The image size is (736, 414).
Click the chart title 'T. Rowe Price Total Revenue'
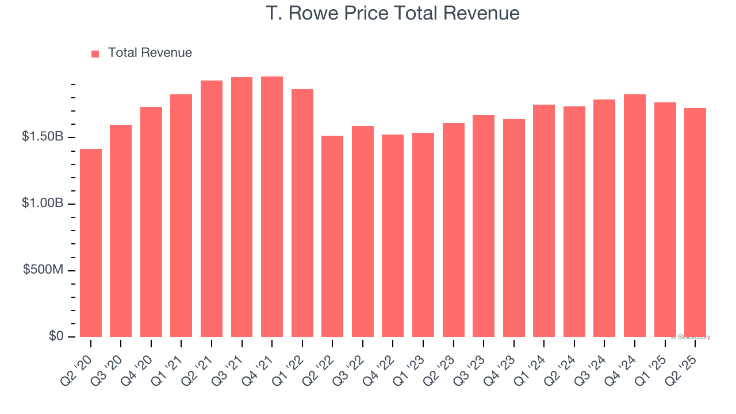coord(393,13)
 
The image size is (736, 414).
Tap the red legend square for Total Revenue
coord(95,53)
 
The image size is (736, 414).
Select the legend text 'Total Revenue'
coord(149,53)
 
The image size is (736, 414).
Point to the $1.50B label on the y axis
coord(43,137)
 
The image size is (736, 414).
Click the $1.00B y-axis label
coord(43,204)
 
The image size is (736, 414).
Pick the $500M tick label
coord(43,270)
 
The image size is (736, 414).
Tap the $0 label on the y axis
coord(55,336)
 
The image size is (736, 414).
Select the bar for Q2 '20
coord(91,243)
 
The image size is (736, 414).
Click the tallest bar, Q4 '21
coord(272,207)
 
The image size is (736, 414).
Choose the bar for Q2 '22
coord(332,236)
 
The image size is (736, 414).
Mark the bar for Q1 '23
coord(423,235)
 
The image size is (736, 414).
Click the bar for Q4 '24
coord(635,216)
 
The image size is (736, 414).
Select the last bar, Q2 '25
coord(695,223)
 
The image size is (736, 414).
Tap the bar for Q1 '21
coord(181,216)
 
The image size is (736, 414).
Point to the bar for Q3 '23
coord(484,226)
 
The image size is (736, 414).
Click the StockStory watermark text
coord(691,337)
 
